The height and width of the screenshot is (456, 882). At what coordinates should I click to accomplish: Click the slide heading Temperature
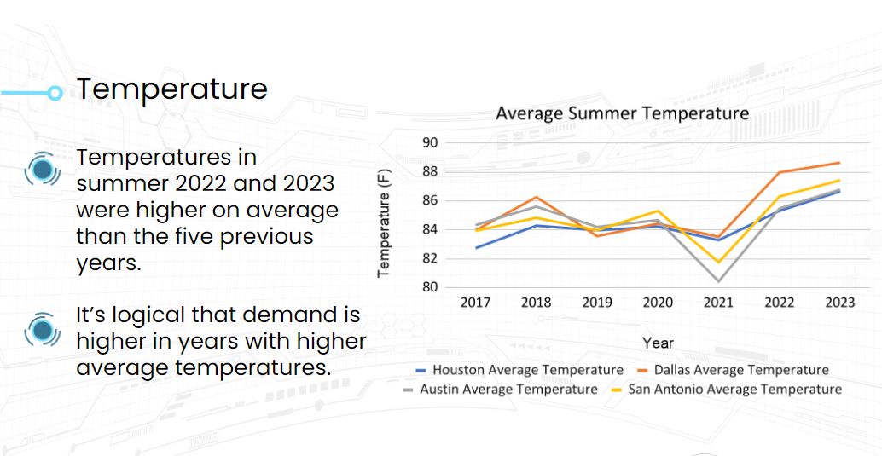[x=172, y=89]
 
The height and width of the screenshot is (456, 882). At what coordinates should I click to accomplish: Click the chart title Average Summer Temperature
[x=622, y=113]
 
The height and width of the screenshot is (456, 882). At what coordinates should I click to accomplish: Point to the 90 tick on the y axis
[x=430, y=142]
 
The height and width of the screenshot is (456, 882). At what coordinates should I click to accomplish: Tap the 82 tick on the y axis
[x=430, y=258]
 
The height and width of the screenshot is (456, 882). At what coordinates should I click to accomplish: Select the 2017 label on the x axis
[x=475, y=303]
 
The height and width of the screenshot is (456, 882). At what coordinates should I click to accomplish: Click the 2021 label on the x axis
[x=718, y=303]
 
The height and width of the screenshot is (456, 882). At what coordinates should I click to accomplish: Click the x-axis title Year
[x=658, y=343]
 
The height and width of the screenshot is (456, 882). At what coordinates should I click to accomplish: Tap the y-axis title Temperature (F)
[x=384, y=222]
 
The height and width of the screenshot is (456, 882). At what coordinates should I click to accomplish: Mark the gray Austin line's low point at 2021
[x=718, y=281]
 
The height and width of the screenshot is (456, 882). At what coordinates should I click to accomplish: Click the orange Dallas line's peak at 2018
[x=536, y=197]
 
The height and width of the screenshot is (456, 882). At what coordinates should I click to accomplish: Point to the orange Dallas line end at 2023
[x=839, y=163]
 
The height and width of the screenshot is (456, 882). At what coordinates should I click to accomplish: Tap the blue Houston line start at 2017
[x=476, y=247]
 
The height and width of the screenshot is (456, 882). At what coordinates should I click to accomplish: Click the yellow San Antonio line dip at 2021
[x=718, y=262]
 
